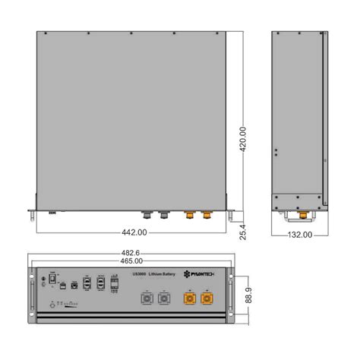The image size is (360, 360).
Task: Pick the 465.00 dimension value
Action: pyautogui.click(x=137, y=261)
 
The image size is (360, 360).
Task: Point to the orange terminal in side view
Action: pyautogui.click(x=302, y=216)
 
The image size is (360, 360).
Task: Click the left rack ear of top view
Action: pyautogui.click(x=31, y=215)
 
